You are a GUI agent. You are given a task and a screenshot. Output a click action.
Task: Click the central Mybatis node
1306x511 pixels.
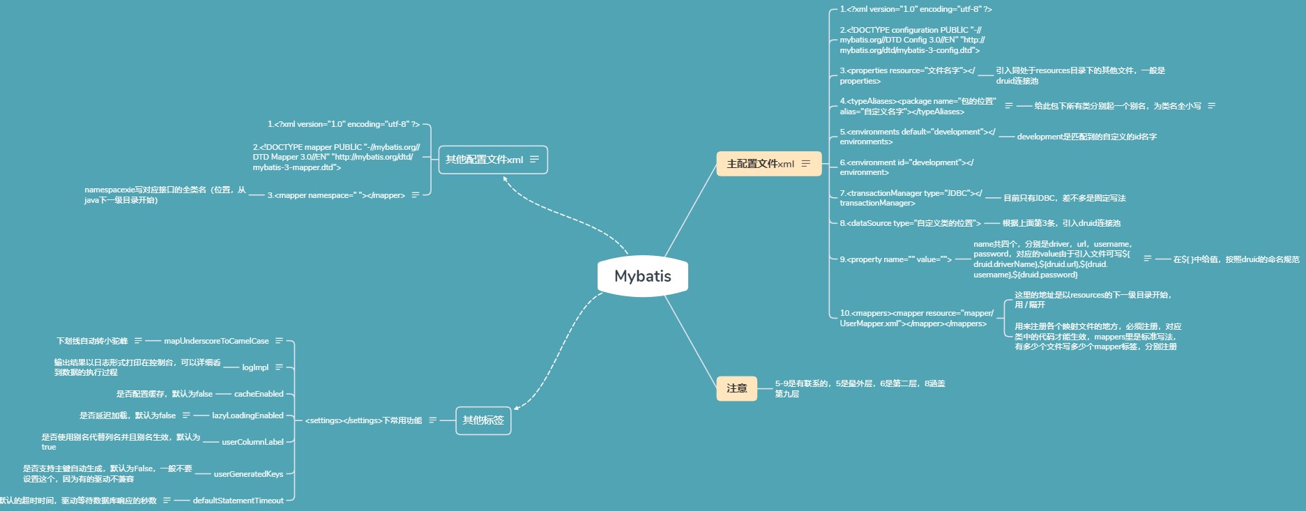(x=642, y=276)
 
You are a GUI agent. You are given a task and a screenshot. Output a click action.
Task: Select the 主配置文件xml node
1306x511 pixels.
(x=760, y=164)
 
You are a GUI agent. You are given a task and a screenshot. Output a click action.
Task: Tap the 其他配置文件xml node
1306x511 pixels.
(x=484, y=160)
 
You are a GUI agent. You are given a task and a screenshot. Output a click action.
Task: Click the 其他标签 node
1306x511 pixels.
(x=483, y=420)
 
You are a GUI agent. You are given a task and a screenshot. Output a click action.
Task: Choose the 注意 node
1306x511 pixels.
(x=736, y=388)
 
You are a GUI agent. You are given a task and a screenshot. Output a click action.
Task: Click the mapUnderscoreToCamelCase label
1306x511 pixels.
(x=216, y=341)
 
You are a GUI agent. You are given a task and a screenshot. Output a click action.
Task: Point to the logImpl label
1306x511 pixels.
(x=255, y=367)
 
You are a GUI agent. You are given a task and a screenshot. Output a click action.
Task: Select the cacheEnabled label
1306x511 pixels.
(x=259, y=394)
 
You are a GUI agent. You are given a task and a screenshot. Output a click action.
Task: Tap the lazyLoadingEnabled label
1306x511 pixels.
(x=248, y=415)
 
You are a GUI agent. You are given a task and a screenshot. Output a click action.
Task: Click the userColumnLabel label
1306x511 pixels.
(x=252, y=442)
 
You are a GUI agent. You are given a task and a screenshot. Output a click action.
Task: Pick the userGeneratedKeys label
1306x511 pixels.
(x=248, y=474)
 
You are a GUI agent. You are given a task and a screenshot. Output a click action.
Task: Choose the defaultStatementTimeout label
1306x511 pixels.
(x=238, y=501)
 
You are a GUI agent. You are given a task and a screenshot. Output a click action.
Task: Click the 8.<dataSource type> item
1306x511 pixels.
(x=910, y=223)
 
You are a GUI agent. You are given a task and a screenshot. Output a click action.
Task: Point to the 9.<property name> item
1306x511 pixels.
(x=895, y=259)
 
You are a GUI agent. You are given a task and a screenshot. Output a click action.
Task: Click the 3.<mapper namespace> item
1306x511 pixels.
(x=336, y=195)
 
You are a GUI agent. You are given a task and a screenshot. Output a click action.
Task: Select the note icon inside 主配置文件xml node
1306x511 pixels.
(x=806, y=164)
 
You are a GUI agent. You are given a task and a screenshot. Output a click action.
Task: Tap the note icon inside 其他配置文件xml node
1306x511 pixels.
(x=535, y=160)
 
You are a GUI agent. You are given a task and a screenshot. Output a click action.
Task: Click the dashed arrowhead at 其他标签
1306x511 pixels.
(x=517, y=408)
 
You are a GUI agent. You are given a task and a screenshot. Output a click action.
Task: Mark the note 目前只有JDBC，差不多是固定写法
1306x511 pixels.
(x=1064, y=198)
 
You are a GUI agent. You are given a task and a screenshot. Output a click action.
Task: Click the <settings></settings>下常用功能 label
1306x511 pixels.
(x=363, y=420)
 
